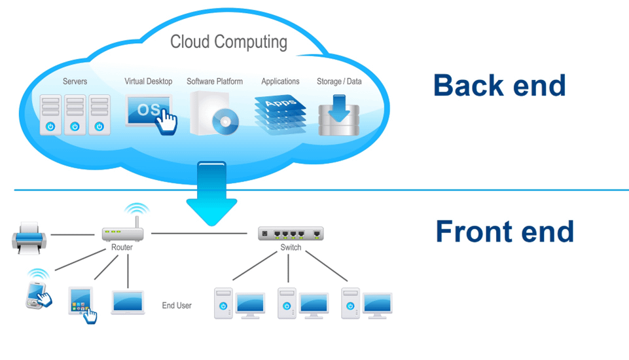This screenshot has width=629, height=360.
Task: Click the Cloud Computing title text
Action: (x=228, y=42)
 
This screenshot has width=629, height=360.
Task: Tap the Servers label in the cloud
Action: (x=75, y=82)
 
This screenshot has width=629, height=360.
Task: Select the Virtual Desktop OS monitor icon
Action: (x=149, y=109)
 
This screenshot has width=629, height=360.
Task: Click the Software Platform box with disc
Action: (x=213, y=113)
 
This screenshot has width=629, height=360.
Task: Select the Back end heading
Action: (x=499, y=86)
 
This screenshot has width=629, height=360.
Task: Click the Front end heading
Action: (x=504, y=232)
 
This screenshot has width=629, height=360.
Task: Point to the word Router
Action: (x=122, y=247)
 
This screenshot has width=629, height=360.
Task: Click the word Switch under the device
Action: (x=291, y=247)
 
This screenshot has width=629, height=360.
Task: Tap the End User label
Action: (x=177, y=306)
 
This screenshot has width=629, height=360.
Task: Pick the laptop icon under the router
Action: (x=128, y=302)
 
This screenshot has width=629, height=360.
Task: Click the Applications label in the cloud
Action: (x=280, y=82)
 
